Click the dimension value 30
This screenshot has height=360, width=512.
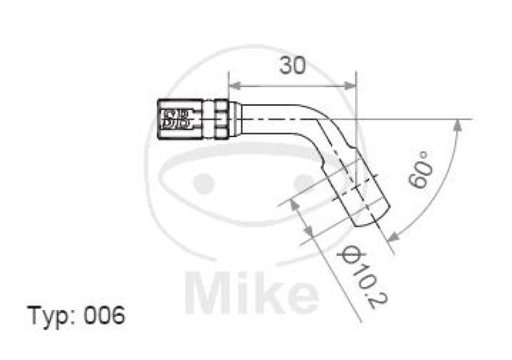click(292, 66)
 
